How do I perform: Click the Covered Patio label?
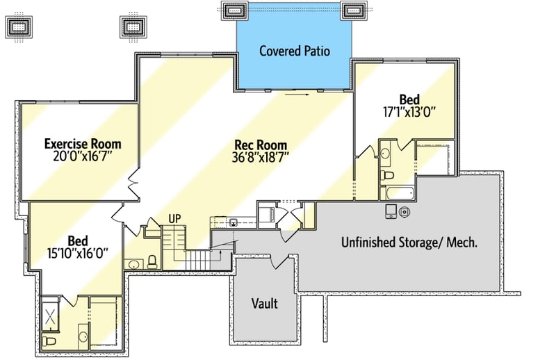click(x=294, y=51)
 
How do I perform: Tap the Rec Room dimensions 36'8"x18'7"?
click(x=260, y=157)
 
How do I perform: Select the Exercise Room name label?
click(x=83, y=144)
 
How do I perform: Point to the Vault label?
click(x=265, y=304)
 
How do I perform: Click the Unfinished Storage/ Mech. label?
click(x=409, y=243)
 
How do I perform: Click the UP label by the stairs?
click(x=174, y=219)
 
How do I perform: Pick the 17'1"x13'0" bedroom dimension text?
click(x=409, y=112)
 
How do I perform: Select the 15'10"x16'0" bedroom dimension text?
click(x=78, y=253)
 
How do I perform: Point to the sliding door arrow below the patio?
click(x=297, y=95)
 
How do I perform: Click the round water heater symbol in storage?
click(x=404, y=212)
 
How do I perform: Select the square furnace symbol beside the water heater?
click(x=391, y=211)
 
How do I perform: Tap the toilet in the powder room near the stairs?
click(x=152, y=262)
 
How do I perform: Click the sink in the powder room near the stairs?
click(x=133, y=265)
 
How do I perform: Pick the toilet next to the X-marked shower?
click(x=49, y=341)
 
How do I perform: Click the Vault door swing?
click(x=280, y=261)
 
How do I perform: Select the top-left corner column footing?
click(x=19, y=27)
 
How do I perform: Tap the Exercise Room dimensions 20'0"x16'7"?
click(x=83, y=156)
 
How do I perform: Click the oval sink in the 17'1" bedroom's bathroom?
click(x=385, y=154)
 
